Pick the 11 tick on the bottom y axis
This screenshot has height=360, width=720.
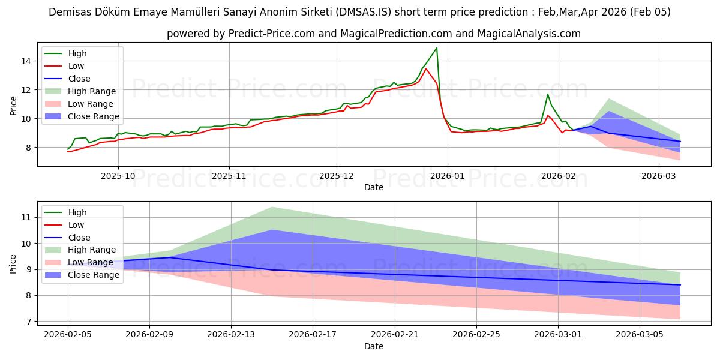point(26,217)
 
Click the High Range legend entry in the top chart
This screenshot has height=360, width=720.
point(91,91)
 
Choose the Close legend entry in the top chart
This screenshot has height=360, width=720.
point(79,79)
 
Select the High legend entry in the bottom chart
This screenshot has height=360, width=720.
point(77,212)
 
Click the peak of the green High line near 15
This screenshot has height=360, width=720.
point(436,48)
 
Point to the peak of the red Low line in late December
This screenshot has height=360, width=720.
point(426,68)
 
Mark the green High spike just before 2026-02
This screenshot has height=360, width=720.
point(547,94)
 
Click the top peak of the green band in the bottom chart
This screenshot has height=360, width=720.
point(272,207)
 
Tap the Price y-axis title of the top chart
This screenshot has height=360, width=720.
point(14,106)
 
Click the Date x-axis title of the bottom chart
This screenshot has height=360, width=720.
point(374,347)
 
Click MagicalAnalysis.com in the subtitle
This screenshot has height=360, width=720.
point(529,34)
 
